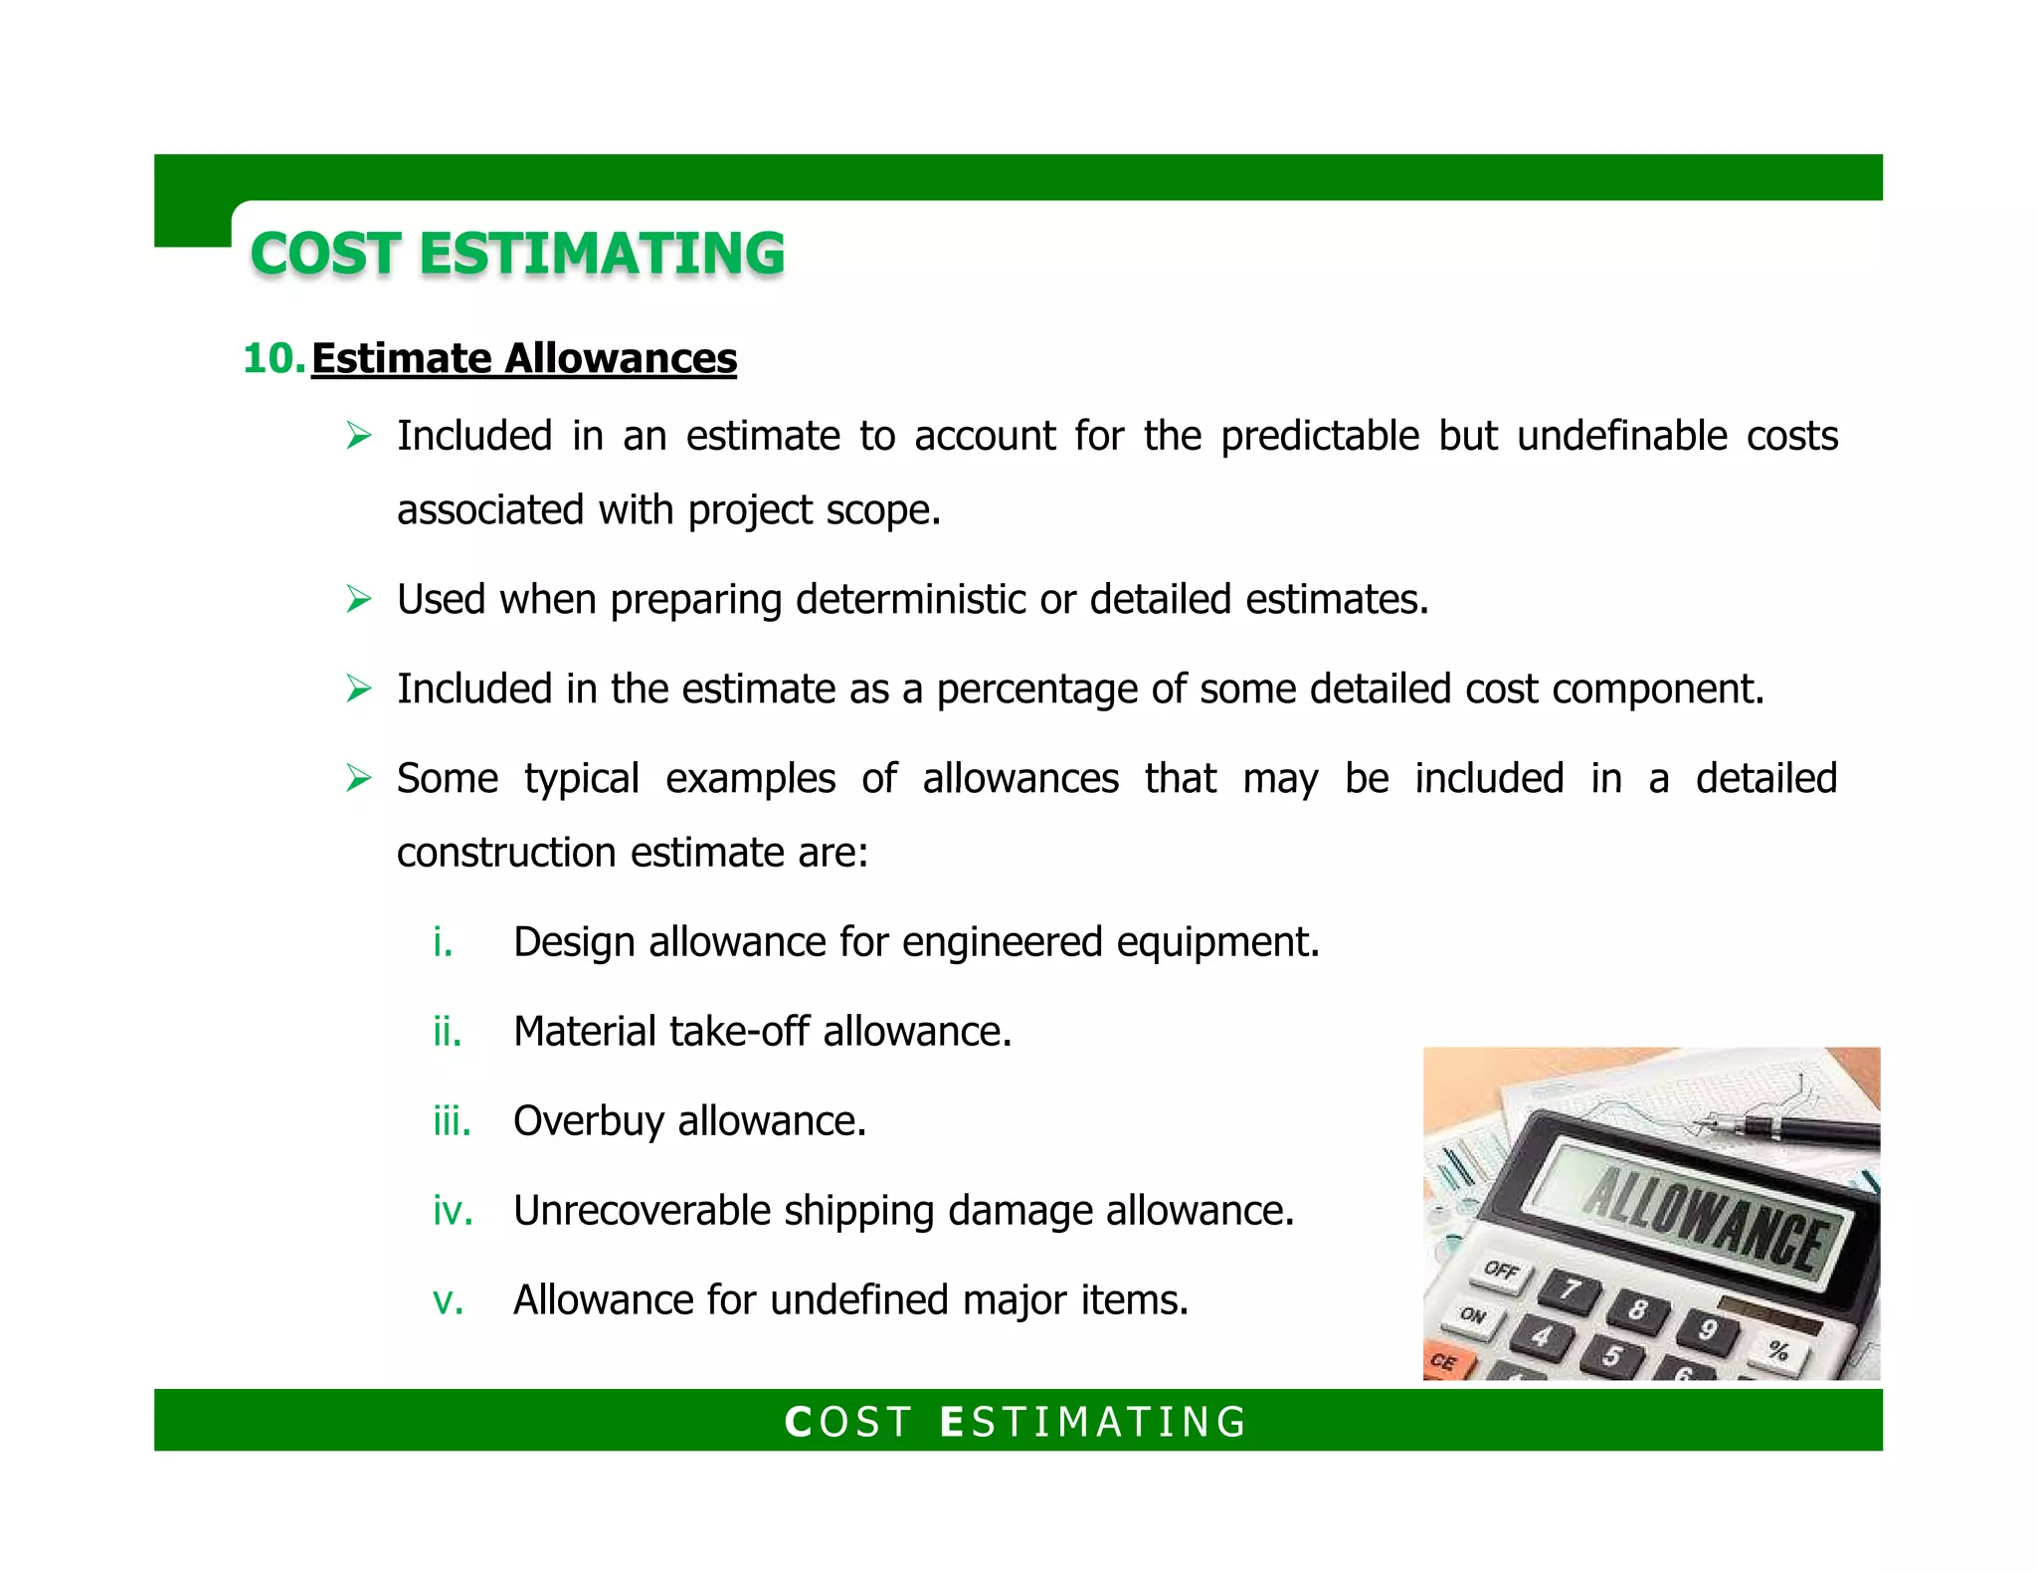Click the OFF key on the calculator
pos(1502,1272)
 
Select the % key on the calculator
pos(1778,1350)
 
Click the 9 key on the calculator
pos(1708,1329)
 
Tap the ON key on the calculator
pos(1474,1316)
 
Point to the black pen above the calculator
pos(1790,1128)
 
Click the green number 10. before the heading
pos(273,359)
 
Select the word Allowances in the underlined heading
pos(621,359)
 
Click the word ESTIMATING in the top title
pos(602,254)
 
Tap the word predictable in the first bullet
pos(1319,437)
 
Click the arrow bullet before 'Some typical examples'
pos(358,778)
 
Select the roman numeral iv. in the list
pos(452,1211)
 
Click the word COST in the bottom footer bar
pos(847,1422)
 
